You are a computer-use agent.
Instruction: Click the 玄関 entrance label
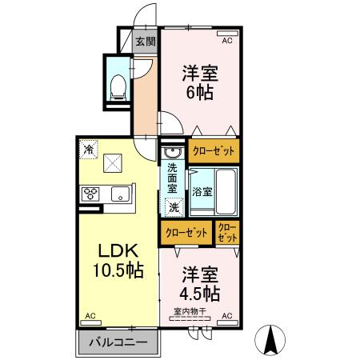(145, 42)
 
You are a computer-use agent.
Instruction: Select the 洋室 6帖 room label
(199, 80)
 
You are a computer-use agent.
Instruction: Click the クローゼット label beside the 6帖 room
(214, 150)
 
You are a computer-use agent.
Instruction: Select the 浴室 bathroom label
(202, 192)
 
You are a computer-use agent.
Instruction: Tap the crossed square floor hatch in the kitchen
(111, 165)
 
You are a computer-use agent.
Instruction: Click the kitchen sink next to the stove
(121, 193)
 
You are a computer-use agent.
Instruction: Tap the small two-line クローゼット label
(228, 233)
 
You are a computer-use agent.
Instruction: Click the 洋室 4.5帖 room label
(199, 281)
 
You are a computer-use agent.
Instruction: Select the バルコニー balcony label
(118, 342)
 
